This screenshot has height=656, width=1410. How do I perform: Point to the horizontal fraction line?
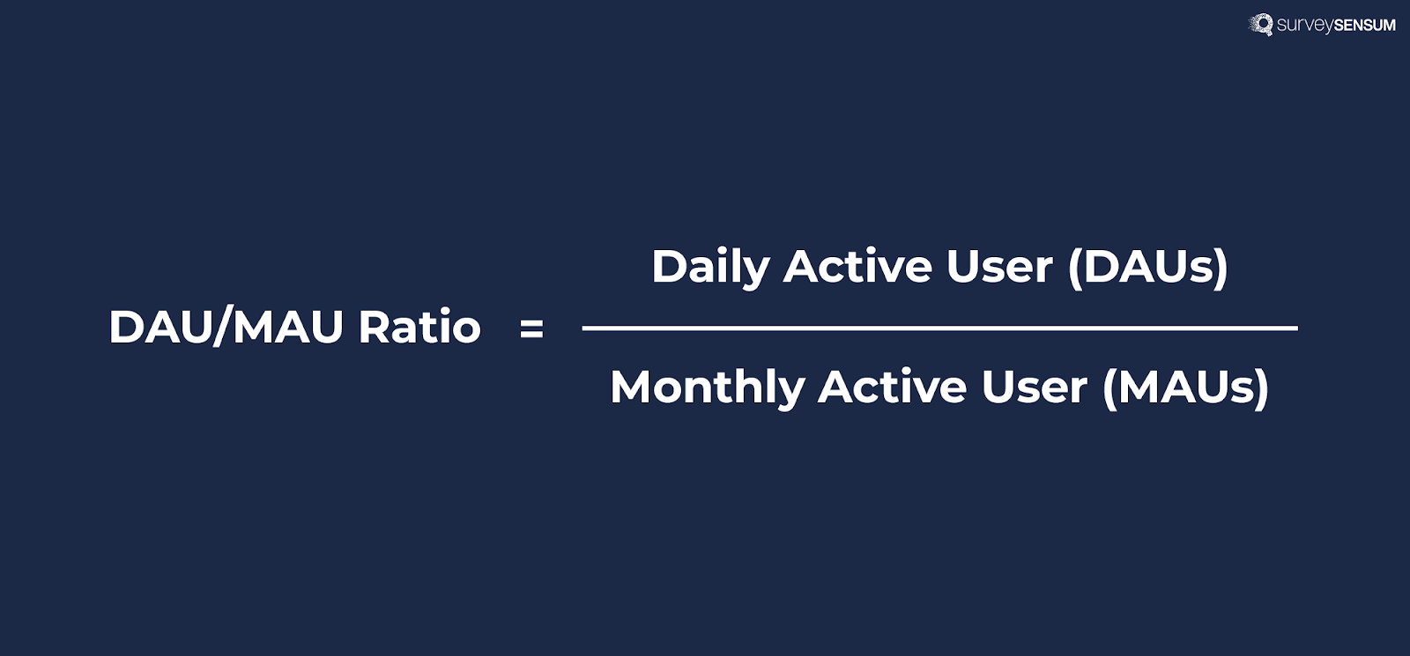pos(939,328)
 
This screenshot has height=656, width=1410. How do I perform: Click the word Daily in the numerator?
pos(709,267)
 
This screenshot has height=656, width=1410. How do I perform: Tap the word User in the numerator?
pos(999,266)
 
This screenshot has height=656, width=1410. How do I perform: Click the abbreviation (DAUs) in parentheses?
pos(1147,267)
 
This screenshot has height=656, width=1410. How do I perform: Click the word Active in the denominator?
pos(892,387)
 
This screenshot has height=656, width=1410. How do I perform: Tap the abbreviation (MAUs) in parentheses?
pos(1185,387)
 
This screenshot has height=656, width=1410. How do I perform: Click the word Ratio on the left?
pos(419,327)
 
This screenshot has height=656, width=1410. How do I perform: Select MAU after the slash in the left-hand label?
pos(287,327)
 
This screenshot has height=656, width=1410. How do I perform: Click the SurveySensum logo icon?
pos(1261,24)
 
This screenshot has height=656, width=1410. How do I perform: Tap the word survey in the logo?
pos(1304,25)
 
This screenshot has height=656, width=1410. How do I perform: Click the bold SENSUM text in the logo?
pos(1364,25)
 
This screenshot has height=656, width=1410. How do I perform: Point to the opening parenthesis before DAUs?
pos(1074,268)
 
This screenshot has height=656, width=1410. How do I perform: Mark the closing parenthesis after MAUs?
pos(1262,388)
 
